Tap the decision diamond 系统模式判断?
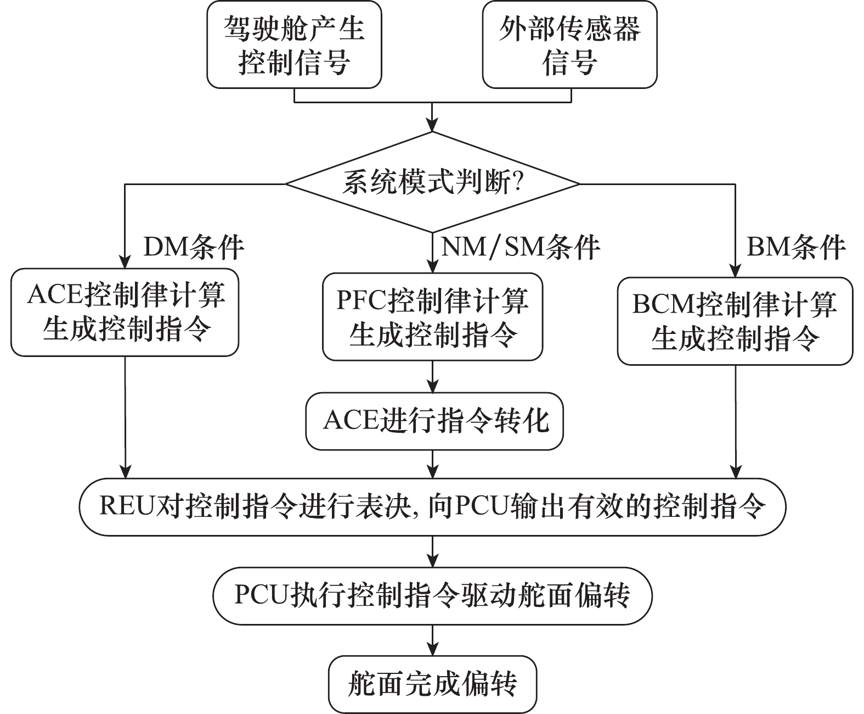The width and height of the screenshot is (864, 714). click(x=432, y=182)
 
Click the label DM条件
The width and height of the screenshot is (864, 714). click(x=193, y=247)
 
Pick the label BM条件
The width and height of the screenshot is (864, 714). click(x=796, y=247)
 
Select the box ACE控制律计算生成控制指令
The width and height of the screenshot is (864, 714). click(x=125, y=312)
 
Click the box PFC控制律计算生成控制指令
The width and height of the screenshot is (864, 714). click(x=432, y=317)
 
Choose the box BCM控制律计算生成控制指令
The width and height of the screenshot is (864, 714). click(x=735, y=321)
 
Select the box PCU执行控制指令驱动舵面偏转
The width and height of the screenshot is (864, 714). click(x=432, y=595)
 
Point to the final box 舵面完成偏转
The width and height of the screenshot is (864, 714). click(x=432, y=684)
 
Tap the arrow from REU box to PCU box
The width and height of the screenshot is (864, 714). click(x=433, y=553)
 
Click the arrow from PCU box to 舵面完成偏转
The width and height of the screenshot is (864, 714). click(x=433, y=640)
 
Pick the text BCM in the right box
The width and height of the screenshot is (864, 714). click(x=663, y=305)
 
